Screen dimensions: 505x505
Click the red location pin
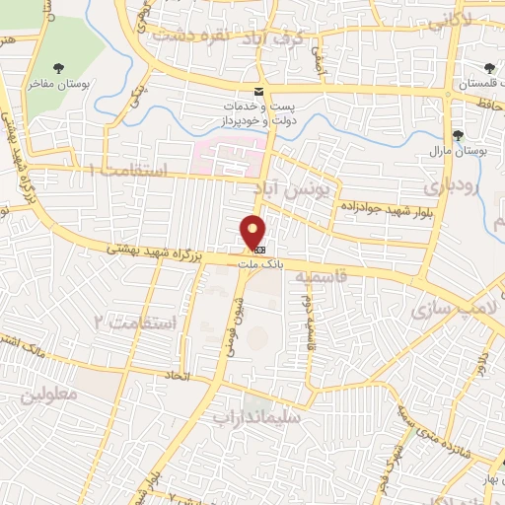(253, 232)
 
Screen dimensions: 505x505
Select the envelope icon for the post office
(259, 92)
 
